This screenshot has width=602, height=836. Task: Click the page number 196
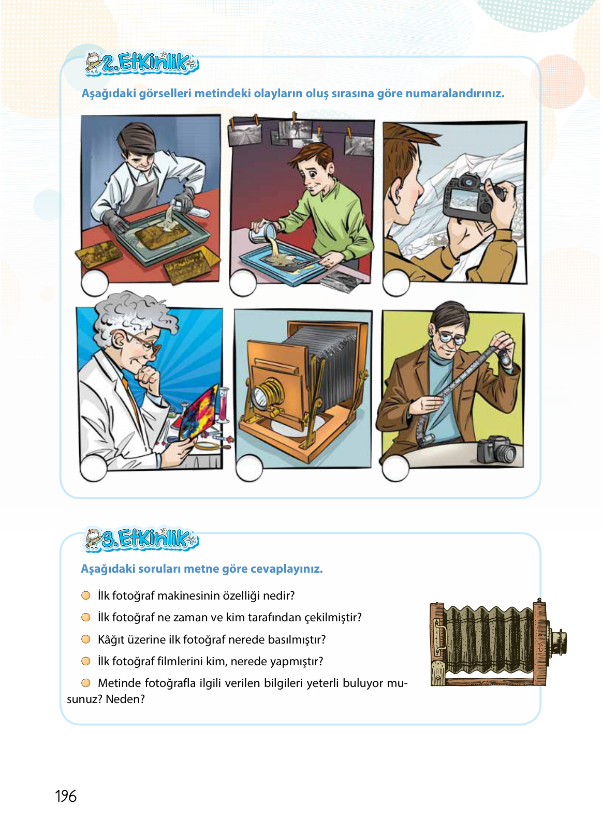[x=66, y=796]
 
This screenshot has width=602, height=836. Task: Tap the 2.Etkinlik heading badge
[x=142, y=63]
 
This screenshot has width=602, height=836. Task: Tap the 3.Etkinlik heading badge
[x=142, y=539]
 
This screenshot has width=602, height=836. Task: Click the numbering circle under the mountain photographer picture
[x=396, y=283]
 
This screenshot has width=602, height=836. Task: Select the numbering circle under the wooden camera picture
[x=249, y=468]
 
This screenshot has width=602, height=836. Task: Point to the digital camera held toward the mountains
[x=468, y=200]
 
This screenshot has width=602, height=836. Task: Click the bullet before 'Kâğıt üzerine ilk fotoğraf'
[x=86, y=639]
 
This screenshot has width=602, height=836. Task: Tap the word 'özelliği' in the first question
[x=241, y=596]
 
